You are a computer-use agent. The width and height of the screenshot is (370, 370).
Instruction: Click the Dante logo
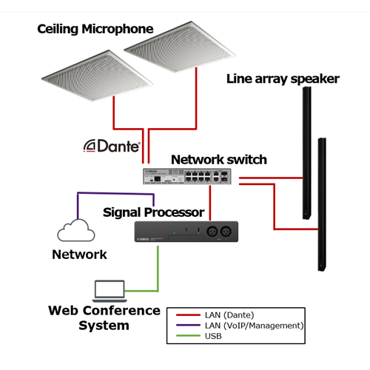(x=112, y=146)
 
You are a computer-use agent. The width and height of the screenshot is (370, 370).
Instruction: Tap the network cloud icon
(x=76, y=230)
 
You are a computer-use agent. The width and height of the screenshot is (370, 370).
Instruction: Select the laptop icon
(x=110, y=291)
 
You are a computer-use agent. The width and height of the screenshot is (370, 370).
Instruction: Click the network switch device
(x=187, y=176)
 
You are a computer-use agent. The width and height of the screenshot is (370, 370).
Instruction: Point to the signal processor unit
(x=186, y=232)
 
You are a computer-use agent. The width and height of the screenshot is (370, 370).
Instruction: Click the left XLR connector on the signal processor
(x=212, y=232)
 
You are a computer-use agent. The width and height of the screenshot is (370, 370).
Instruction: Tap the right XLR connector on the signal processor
(x=226, y=232)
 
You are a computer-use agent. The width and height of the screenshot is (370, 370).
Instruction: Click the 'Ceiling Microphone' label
(x=95, y=29)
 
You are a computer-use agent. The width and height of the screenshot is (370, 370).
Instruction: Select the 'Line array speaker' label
(x=283, y=79)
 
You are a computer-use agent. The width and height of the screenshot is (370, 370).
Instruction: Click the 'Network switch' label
(x=219, y=160)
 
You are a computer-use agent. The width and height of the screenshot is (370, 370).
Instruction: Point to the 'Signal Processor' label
(x=154, y=212)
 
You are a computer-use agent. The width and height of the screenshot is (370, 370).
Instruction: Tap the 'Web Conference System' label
(x=104, y=318)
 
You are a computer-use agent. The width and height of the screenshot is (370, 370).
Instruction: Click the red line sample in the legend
(x=188, y=315)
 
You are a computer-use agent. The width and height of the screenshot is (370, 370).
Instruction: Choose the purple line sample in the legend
(x=188, y=326)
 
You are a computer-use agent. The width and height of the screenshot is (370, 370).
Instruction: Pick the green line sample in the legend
(x=188, y=336)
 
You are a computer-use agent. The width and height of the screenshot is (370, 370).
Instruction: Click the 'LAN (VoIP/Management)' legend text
(x=254, y=326)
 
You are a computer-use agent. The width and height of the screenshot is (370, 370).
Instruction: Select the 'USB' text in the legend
(x=213, y=336)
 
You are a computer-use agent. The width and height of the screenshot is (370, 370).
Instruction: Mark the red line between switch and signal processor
(x=210, y=203)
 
